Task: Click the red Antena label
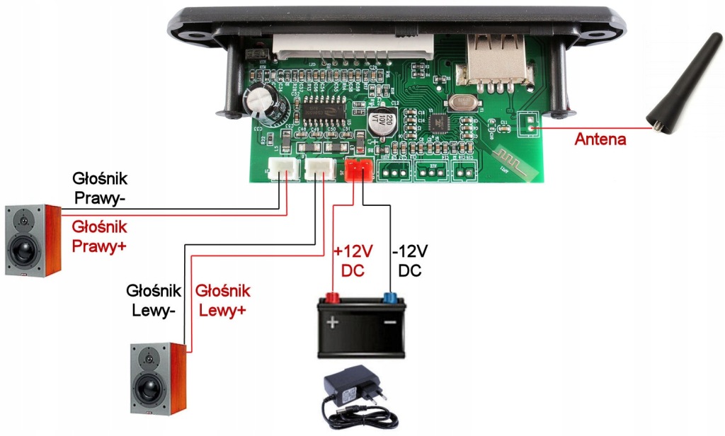point(600,139)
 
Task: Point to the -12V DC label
point(410,260)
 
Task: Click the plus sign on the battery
point(331,323)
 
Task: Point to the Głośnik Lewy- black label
point(152,299)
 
